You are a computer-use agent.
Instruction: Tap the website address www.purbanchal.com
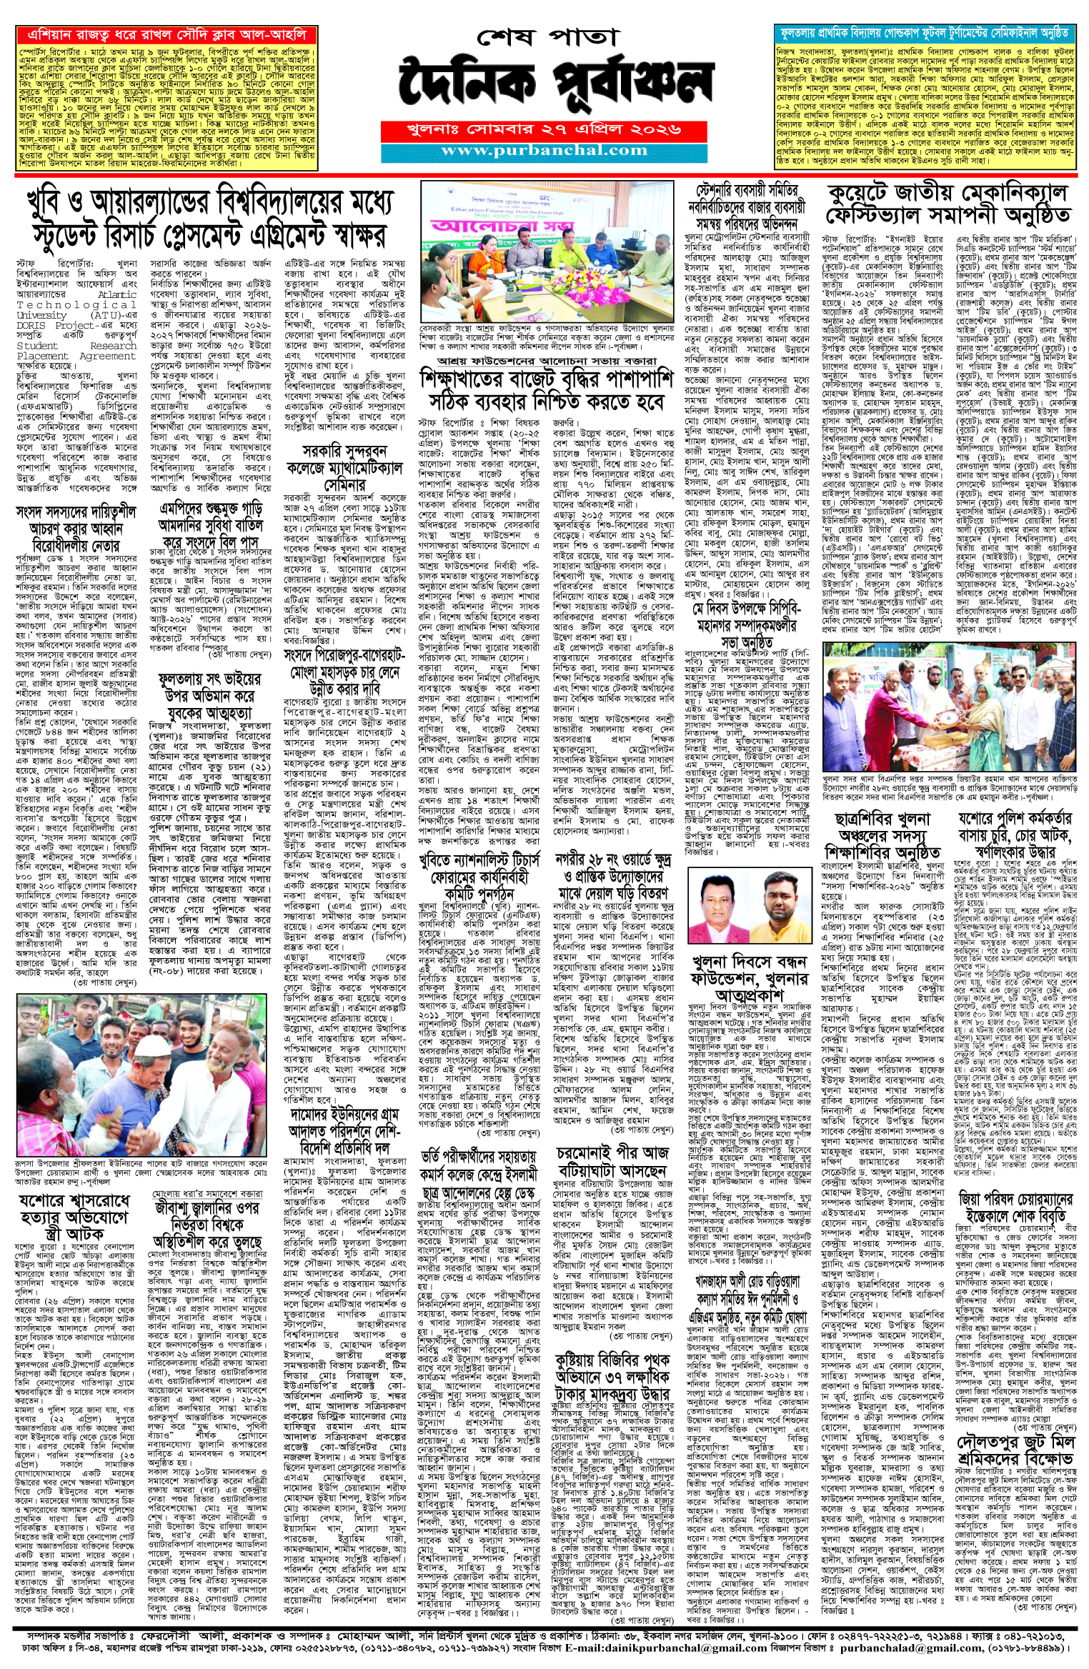tap(544, 151)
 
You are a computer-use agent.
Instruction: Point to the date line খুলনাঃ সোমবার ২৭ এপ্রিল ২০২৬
tap(544, 131)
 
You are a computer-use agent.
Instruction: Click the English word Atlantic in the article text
tap(117, 294)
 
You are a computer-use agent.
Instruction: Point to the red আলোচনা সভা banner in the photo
tap(502, 226)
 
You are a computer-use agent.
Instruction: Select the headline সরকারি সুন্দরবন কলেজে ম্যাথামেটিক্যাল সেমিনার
tap(344, 468)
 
